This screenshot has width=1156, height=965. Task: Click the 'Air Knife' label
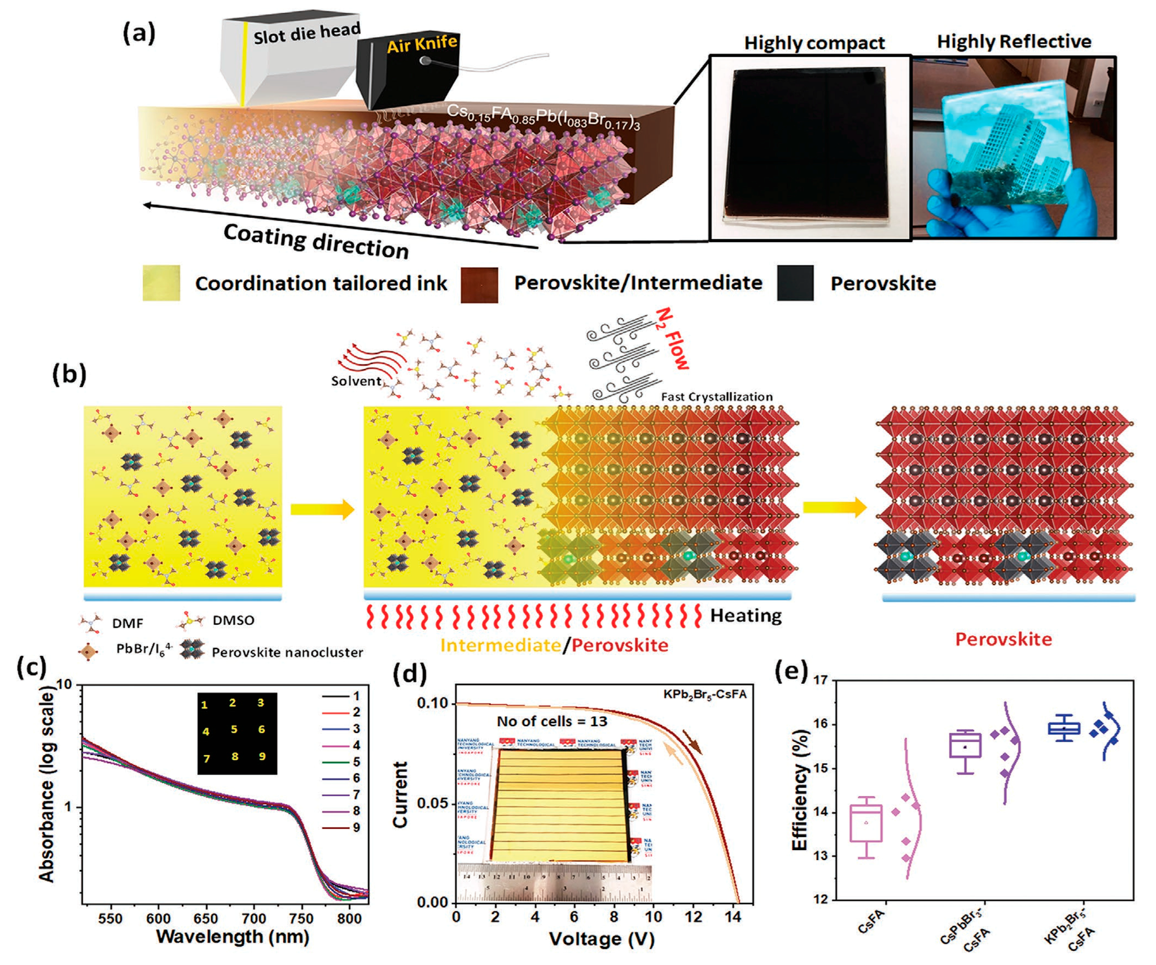(x=422, y=44)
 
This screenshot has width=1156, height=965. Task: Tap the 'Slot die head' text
(x=307, y=34)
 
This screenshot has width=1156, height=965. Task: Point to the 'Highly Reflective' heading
(x=1014, y=41)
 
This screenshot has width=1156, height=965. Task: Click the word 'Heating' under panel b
(x=745, y=615)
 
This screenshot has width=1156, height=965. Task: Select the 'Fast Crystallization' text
(x=716, y=397)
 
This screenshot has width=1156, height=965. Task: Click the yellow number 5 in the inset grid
(x=234, y=730)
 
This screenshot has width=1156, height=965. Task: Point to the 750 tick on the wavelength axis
(x=301, y=918)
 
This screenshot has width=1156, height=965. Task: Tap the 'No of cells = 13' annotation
(x=551, y=721)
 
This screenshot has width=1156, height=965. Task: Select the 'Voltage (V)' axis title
(x=602, y=938)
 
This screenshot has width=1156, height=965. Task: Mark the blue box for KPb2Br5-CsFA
(x=1063, y=729)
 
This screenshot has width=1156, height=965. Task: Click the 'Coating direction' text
(x=316, y=241)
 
